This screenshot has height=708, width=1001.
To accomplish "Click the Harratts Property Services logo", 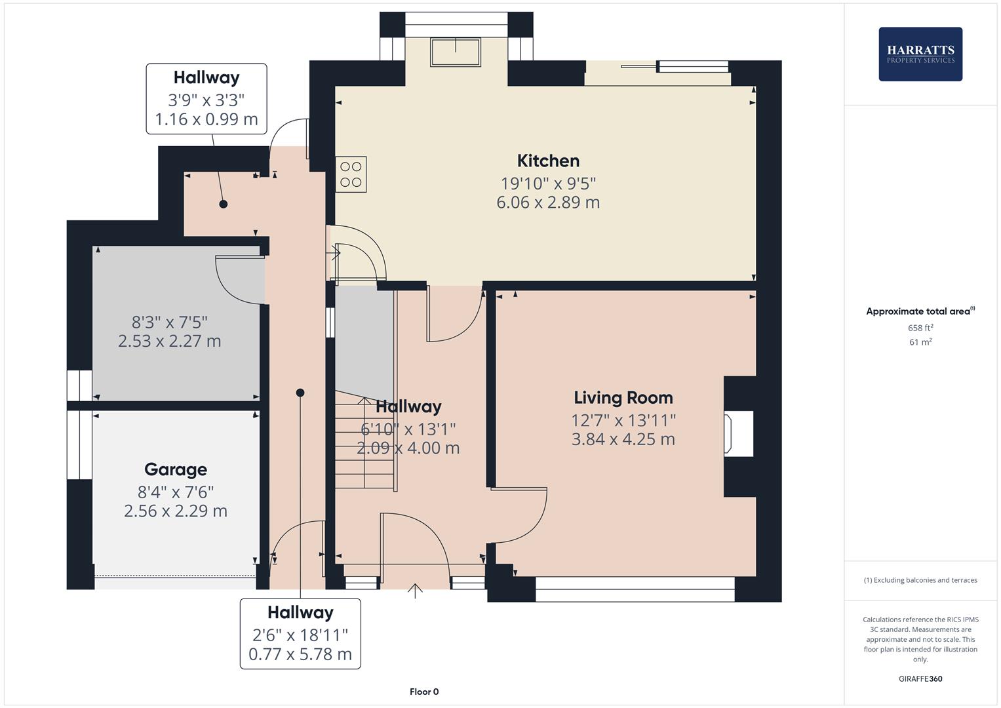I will click(x=920, y=54).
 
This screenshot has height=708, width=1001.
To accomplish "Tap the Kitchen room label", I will click(x=548, y=161).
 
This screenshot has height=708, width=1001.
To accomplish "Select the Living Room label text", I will click(x=623, y=398).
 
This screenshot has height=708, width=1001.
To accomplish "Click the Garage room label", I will click(x=176, y=469).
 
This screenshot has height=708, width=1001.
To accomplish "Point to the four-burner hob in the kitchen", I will click(x=351, y=174).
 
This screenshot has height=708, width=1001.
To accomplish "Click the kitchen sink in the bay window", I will click(x=455, y=52).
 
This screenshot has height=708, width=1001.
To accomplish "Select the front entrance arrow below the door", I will click(x=415, y=591).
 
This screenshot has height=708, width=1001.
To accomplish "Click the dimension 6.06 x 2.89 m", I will click(x=548, y=203).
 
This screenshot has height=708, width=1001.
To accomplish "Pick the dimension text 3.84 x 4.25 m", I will click(x=623, y=439).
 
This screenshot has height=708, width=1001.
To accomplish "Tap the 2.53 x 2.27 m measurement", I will click(x=169, y=342).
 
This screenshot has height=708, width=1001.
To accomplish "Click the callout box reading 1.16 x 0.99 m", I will click(x=206, y=99).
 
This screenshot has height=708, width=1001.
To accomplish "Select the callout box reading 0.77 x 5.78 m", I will click(x=300, y=633).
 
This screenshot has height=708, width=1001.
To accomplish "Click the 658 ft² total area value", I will click(x=920, y=328).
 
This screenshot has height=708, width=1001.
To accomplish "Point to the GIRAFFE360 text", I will click(x=920, y=678).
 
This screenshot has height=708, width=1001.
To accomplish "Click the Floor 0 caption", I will click(x=424, y=692).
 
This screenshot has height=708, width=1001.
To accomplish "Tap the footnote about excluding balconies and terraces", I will click(x=920, y=580).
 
